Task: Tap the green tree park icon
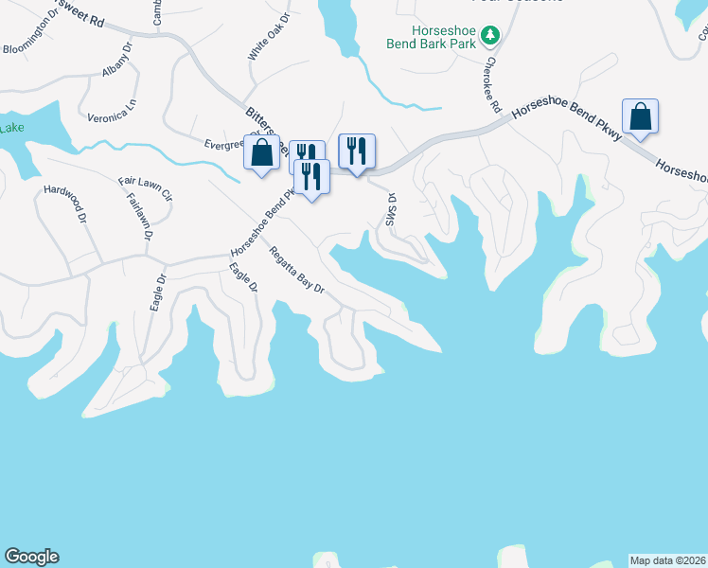tap(489, 36)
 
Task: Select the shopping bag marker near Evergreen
tap(262, 153)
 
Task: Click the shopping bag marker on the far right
tap(641, 117)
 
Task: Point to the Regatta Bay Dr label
tap(296, 271)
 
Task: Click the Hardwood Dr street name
tap(65, 204)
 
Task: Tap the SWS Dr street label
tap(390, 210)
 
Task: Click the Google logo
tap(31, 557)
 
